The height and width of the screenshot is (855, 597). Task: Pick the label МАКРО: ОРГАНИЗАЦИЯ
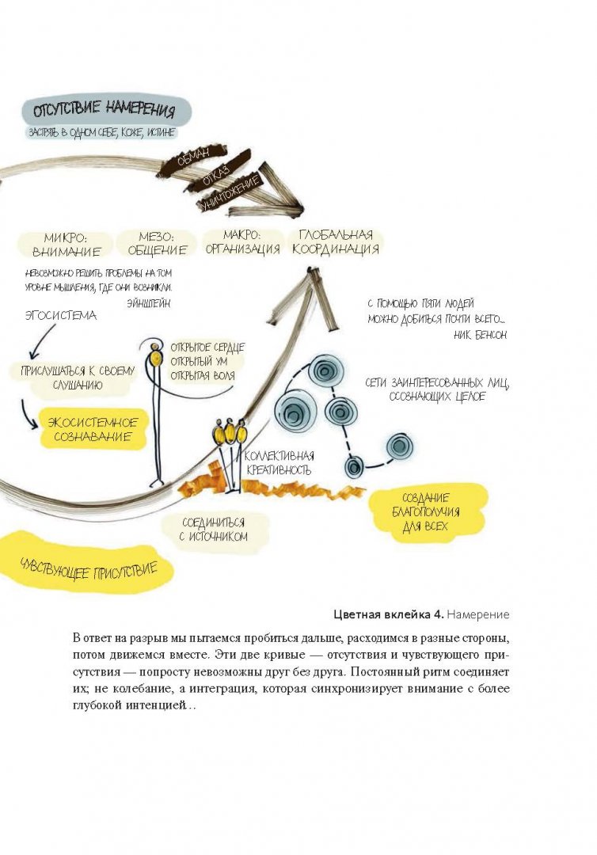(241, 242)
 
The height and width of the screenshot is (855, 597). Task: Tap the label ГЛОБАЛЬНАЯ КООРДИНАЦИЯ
(336, 241)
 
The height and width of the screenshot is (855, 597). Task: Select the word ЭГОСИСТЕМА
(60, 316)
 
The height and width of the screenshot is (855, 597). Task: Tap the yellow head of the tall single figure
(156, 359)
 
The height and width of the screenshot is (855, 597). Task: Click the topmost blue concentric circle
(324, 370)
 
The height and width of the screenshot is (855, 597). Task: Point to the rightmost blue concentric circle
(399, 446)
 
